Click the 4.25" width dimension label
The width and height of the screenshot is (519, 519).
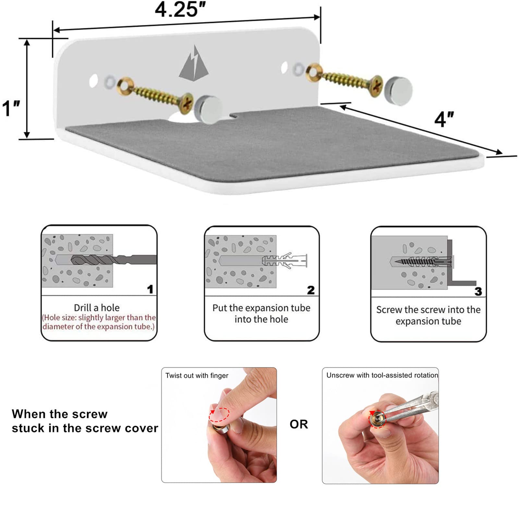click(180, 10)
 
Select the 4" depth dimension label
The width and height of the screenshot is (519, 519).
click(444, 119)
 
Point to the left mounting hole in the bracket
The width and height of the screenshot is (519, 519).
click(93, 81)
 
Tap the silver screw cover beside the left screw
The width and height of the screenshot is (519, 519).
click(208, 109)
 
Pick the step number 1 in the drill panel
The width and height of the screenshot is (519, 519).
click(150, 289)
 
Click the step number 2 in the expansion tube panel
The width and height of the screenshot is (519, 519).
click(311, 290)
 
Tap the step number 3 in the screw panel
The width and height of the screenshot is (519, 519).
click(478, 291)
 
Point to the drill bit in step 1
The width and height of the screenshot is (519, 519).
click(114, 260)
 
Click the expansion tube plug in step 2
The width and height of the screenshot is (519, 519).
click(284, 260)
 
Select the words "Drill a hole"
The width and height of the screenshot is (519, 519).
click(97, 308)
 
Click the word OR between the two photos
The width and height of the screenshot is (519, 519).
click(299, 424)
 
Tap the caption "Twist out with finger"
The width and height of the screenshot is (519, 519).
click(197, 376)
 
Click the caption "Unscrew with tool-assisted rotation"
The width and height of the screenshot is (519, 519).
click(382, 375)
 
